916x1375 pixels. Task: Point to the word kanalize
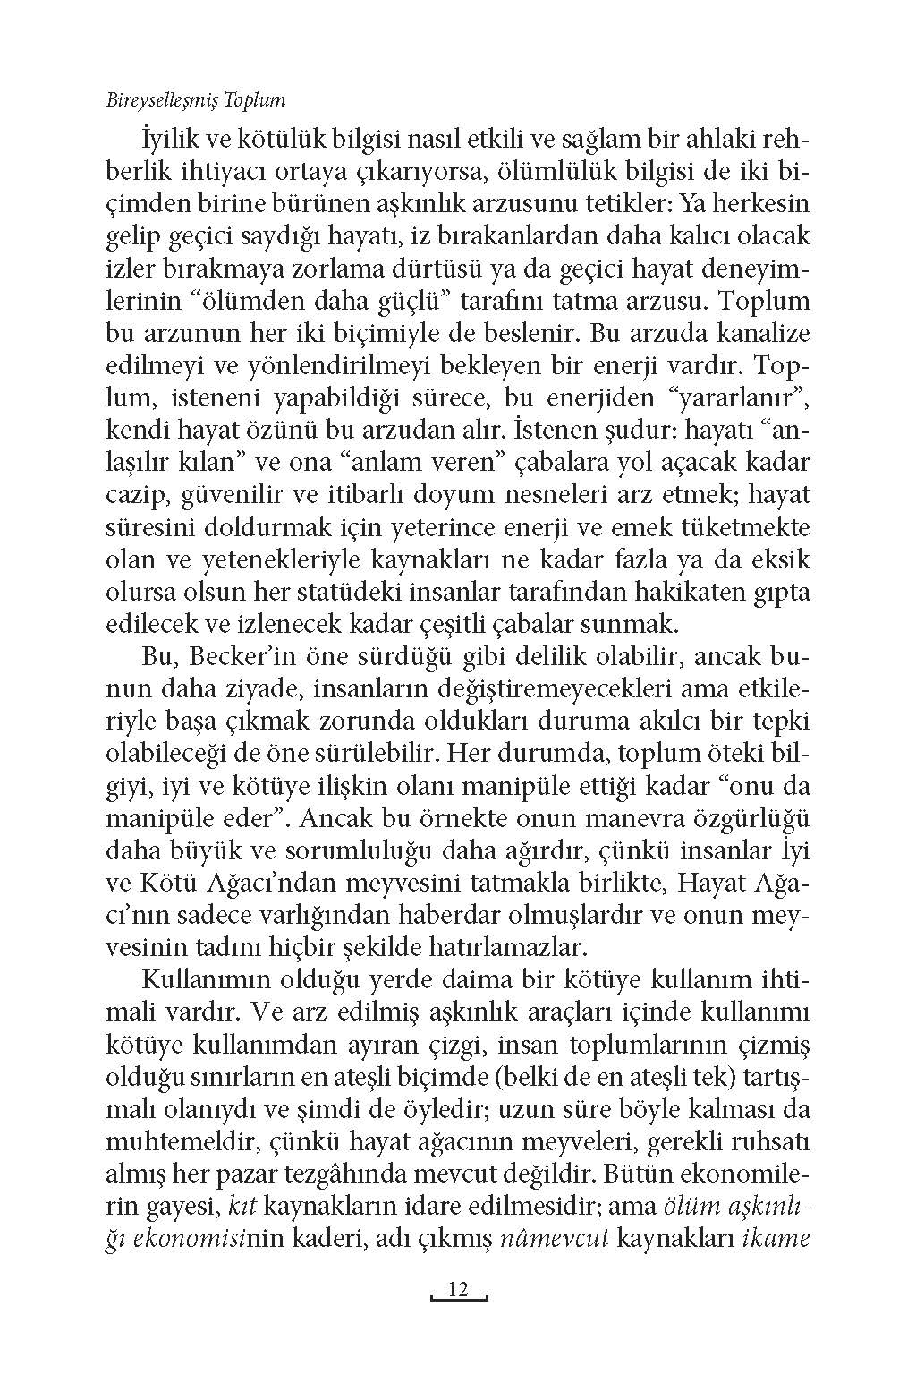[756, 334]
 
